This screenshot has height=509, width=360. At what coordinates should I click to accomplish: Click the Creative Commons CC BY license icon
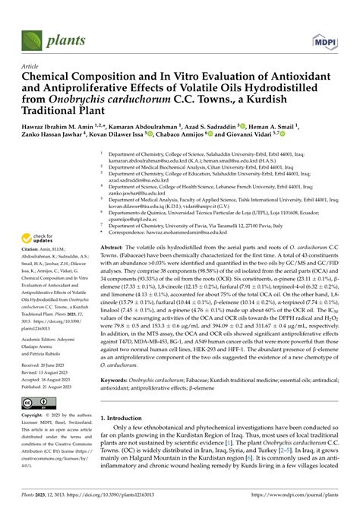(x=36, y=400)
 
